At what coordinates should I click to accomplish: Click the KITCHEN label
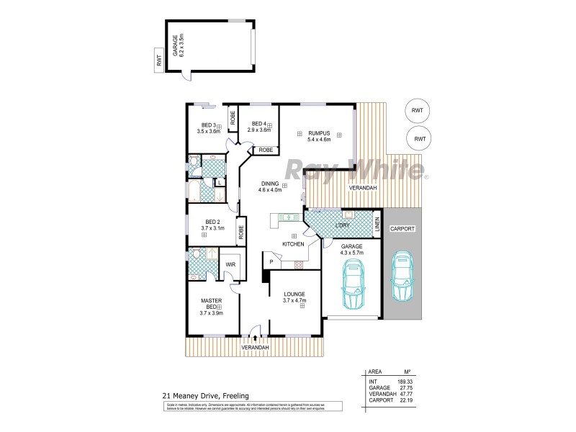(x=293, y=245)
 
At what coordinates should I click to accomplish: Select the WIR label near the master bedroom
(x=230, y=264)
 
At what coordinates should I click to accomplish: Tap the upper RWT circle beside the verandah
(x=417, y=110)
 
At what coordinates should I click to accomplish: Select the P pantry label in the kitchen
(x=271, y=261)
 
